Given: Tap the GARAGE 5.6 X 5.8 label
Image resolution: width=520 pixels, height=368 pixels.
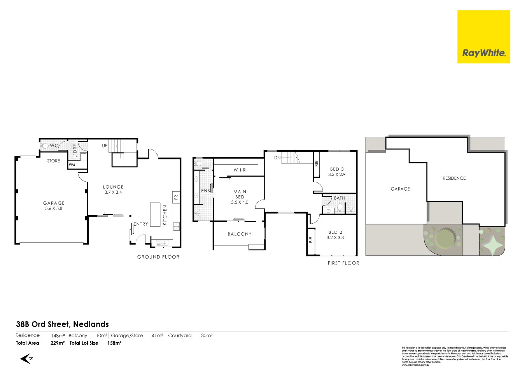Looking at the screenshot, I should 54,206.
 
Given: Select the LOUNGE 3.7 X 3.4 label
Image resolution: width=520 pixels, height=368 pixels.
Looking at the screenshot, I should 113,189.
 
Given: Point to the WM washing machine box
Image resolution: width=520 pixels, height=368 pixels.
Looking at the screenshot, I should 72,165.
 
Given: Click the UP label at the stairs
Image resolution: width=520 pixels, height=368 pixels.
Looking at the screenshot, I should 105,146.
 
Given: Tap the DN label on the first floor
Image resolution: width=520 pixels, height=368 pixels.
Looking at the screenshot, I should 277,158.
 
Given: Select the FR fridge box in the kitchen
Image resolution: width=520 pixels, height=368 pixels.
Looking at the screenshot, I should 176,197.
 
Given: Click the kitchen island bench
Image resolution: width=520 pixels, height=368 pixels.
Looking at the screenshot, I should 155,214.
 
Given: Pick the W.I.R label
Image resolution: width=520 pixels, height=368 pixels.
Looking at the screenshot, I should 240,170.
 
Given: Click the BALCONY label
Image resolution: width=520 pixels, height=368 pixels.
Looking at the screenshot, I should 239,234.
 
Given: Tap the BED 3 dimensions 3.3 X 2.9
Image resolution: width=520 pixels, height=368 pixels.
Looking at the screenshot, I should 337,175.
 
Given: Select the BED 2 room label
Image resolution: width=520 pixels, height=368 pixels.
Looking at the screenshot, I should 335,232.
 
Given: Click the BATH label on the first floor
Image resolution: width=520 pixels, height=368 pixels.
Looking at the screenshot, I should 339,198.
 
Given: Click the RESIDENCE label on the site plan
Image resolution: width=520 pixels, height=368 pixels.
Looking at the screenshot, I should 454,178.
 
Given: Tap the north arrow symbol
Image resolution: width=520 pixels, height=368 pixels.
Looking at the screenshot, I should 26,359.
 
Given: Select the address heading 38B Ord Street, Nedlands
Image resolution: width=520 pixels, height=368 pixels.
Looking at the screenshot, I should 62,324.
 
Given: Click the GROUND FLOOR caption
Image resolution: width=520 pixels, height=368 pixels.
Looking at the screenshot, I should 158,257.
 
